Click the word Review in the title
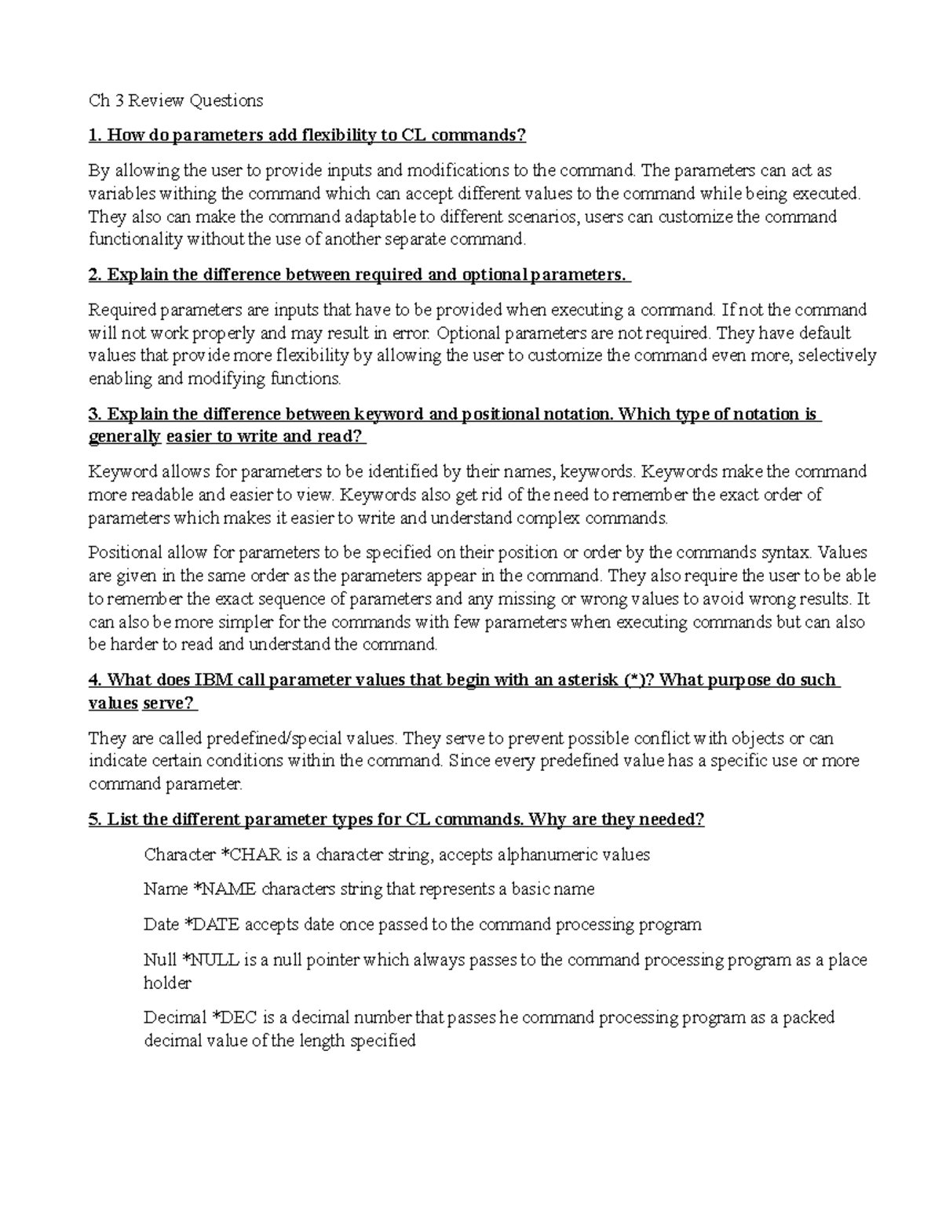(x=156, y=100)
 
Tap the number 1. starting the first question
(x=96, y=136)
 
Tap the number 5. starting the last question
(x=96, y=820)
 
